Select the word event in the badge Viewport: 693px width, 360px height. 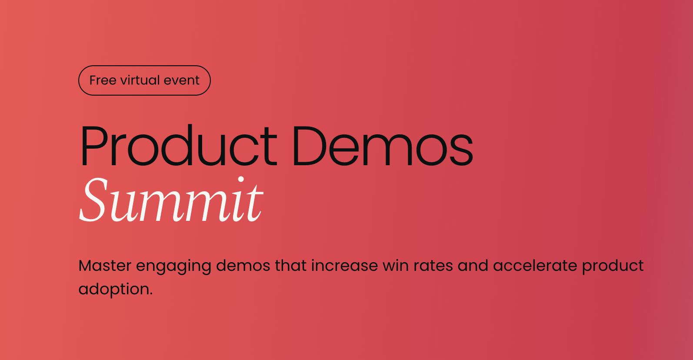(181, 81)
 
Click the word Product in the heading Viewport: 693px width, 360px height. (179, 145)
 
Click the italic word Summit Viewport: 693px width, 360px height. (171, 199)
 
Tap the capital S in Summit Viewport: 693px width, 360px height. (93, 199)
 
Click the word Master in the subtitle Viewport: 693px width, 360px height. (105, 266)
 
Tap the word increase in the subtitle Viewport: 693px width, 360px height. (344, 266)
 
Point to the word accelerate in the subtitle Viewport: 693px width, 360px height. (535, 266)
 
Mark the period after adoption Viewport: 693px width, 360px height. (151, 294)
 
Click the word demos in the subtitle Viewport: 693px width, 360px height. (243, 266)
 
